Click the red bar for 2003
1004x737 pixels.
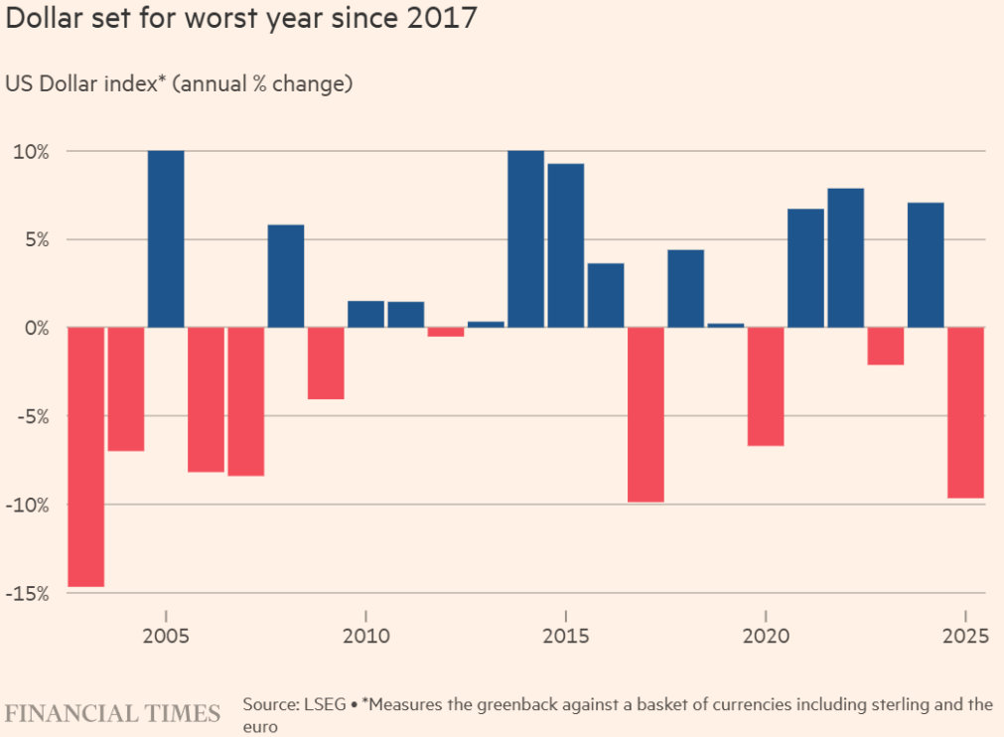pyautogui.click(x=86, y=457)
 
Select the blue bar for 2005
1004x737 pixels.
pyautogui.click(x=166, y=238)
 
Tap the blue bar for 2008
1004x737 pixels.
pyautogui.click(x=286, y=276)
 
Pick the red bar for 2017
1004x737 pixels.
pyautogui.click(x=645, y=414)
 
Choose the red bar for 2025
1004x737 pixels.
pyautogui.click(x=965, y=412)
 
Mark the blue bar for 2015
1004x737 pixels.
pyautogui.click(x=565, y=245)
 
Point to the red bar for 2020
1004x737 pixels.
pyautogui.click(x=766, y=386)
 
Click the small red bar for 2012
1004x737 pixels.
pyautogui.click(x=446, y=332)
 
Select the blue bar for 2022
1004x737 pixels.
pyautogui.click(x=845, y=258)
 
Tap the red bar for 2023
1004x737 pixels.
pyautogui.click(x=885, y=346)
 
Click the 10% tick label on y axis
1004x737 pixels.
pyautogui.click(x=30, y=151)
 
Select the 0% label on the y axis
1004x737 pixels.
pyautogui.click(x=36, y=328)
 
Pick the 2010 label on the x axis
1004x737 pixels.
pyautogui.click(x=365, y=635)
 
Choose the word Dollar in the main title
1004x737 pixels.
pyautogui.click(x=44, y=20)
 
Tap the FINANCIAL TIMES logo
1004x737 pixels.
pyautogui.click(x=112, y=713)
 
